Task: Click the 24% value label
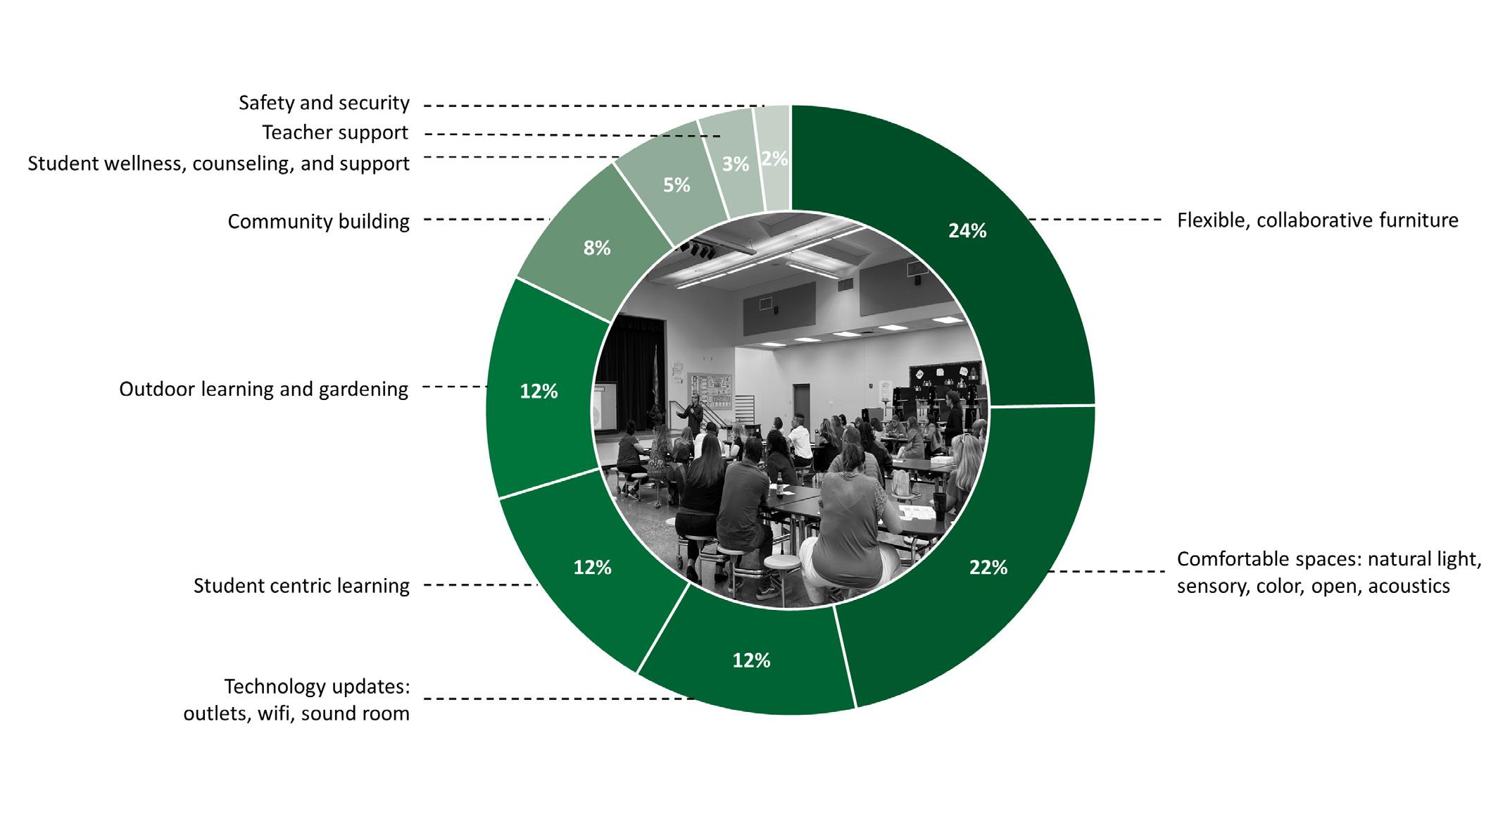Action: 967,231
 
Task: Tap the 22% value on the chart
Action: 988,568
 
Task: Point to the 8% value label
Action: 596,248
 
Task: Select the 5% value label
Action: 677,185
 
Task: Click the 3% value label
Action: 735,164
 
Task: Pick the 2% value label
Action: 774,159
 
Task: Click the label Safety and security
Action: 324,104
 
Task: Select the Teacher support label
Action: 335,133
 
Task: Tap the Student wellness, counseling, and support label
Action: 218,164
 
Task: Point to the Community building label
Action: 318,222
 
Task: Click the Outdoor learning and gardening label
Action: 263,389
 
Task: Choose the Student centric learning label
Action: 301,586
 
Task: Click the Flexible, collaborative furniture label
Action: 1317,221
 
